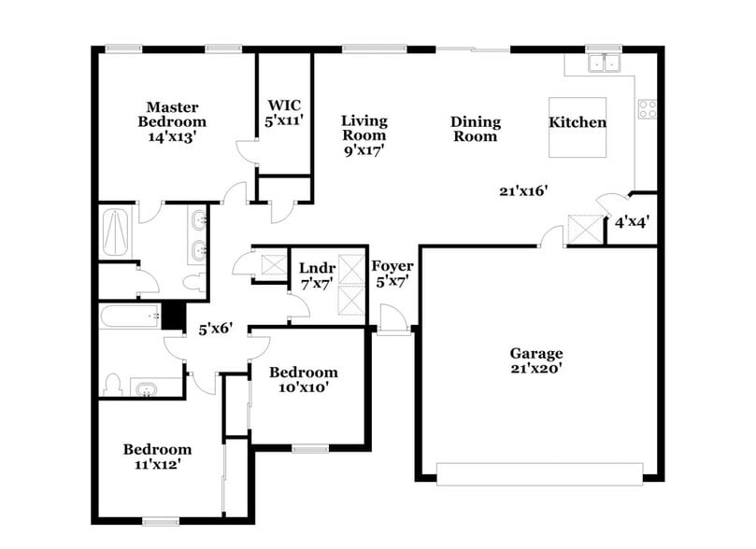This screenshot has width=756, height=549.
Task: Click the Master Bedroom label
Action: [172, 115]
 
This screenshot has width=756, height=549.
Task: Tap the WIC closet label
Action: [283, 106]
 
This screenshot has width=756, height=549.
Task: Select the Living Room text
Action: [364, 120]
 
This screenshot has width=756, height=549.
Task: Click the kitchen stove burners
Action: [647, 108]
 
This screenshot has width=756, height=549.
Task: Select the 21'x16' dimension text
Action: [523, 190]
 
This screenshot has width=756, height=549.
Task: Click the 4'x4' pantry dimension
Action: [632, 222]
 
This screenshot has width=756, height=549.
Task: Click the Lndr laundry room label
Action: [317, 269]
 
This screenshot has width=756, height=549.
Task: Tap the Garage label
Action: [535, 353]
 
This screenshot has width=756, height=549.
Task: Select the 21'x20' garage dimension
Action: [535, 368]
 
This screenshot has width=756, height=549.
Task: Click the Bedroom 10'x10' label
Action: [304, 372]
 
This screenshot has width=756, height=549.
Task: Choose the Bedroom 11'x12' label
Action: [157, 449]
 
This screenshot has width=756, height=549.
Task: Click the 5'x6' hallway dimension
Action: [215, 329]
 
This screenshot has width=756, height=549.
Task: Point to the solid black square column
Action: [173, 316]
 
